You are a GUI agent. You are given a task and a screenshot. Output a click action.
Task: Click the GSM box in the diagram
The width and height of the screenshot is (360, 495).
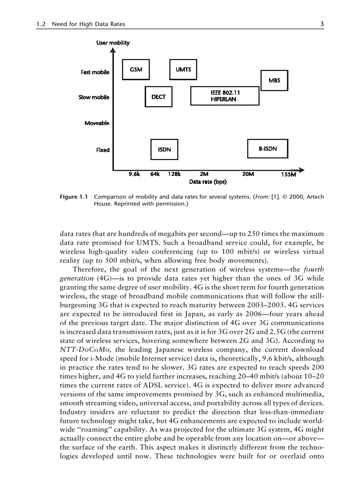(x=136, y=70)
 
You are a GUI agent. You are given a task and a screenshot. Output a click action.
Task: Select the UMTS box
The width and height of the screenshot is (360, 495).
(x=184, y=70)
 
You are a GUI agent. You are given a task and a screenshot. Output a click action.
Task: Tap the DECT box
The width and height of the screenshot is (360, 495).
(x=158, y=97)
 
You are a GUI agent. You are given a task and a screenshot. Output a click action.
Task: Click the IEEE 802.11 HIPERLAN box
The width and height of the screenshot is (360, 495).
(x=225, y=96)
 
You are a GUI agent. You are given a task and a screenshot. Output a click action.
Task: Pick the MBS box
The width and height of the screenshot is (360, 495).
(x=274, y=80)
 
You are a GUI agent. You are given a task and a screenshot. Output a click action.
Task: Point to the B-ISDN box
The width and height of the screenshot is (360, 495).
(x=268, y=149)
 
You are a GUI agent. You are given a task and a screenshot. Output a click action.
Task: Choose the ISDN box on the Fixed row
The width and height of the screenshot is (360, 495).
(x=165, y=150)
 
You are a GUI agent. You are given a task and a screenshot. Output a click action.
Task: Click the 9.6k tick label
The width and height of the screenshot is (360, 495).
(x=134, y=174)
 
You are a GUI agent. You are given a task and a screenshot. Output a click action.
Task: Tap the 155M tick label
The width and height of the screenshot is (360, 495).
(x=289, y=175)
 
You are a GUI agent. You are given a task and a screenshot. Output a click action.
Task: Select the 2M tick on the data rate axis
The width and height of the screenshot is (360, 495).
(x=204, y=174)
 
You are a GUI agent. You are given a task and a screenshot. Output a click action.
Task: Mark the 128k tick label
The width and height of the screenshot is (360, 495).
(x=175, y=174)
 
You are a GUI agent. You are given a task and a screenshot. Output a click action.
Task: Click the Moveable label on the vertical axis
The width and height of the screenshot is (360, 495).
(x=97, y=123)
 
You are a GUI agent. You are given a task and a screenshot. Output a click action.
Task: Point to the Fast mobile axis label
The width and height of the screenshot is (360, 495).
(x=95, y=72)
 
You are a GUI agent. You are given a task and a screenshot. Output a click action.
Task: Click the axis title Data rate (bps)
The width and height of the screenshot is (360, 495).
(x=208, y=182)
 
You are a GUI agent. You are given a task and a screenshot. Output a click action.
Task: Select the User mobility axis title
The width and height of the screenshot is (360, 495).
(x=113, y=43)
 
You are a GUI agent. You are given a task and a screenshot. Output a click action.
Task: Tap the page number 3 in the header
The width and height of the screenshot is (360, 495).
(x=322, y=25)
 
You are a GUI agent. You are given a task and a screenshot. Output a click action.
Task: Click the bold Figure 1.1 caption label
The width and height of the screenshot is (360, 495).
(x=74, y=197)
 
